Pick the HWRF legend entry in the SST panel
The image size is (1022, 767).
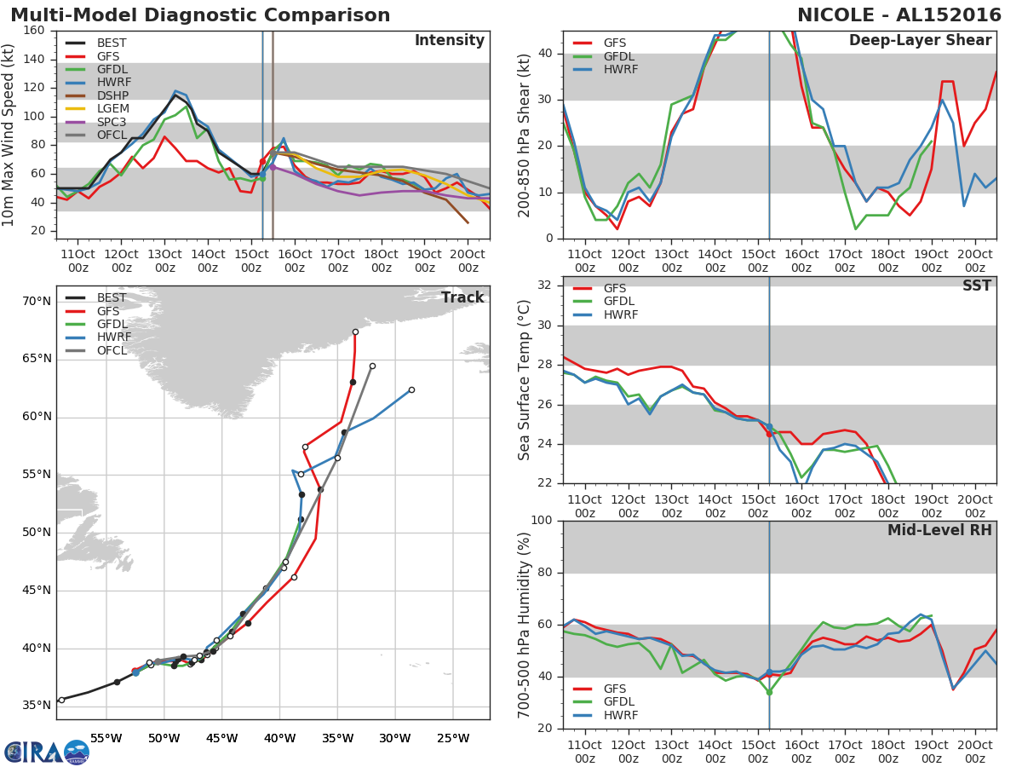pyautogui.click(x=619, y=314)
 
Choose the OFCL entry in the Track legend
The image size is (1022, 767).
pyautogui.click(x=111, y=350)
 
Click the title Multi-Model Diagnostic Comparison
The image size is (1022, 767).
pyautogui.click(x=200, y=15)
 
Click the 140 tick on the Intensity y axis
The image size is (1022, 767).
pyautogui.click(x=34, y=59)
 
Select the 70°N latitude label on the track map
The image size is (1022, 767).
pyautogui.click(x=37, y=301)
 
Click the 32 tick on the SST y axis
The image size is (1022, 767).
pyautogui.click(x=545, y=285)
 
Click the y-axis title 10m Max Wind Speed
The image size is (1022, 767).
pyautogui.click(x=9, y=136)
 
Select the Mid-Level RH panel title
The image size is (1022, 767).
pyautogui.click(x=939, y=531)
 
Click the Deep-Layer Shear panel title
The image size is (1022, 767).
pyautogui.click(x=920, y=41)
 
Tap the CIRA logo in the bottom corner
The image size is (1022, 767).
pyautogui.click(x=45, y=752)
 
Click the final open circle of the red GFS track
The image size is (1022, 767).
pyautogui.click(x=355, y=332)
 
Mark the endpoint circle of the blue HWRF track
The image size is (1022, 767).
pyautogui.click(x=411, y=389)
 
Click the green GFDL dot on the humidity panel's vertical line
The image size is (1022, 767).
pyautogui.click(x=769, y=692)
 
